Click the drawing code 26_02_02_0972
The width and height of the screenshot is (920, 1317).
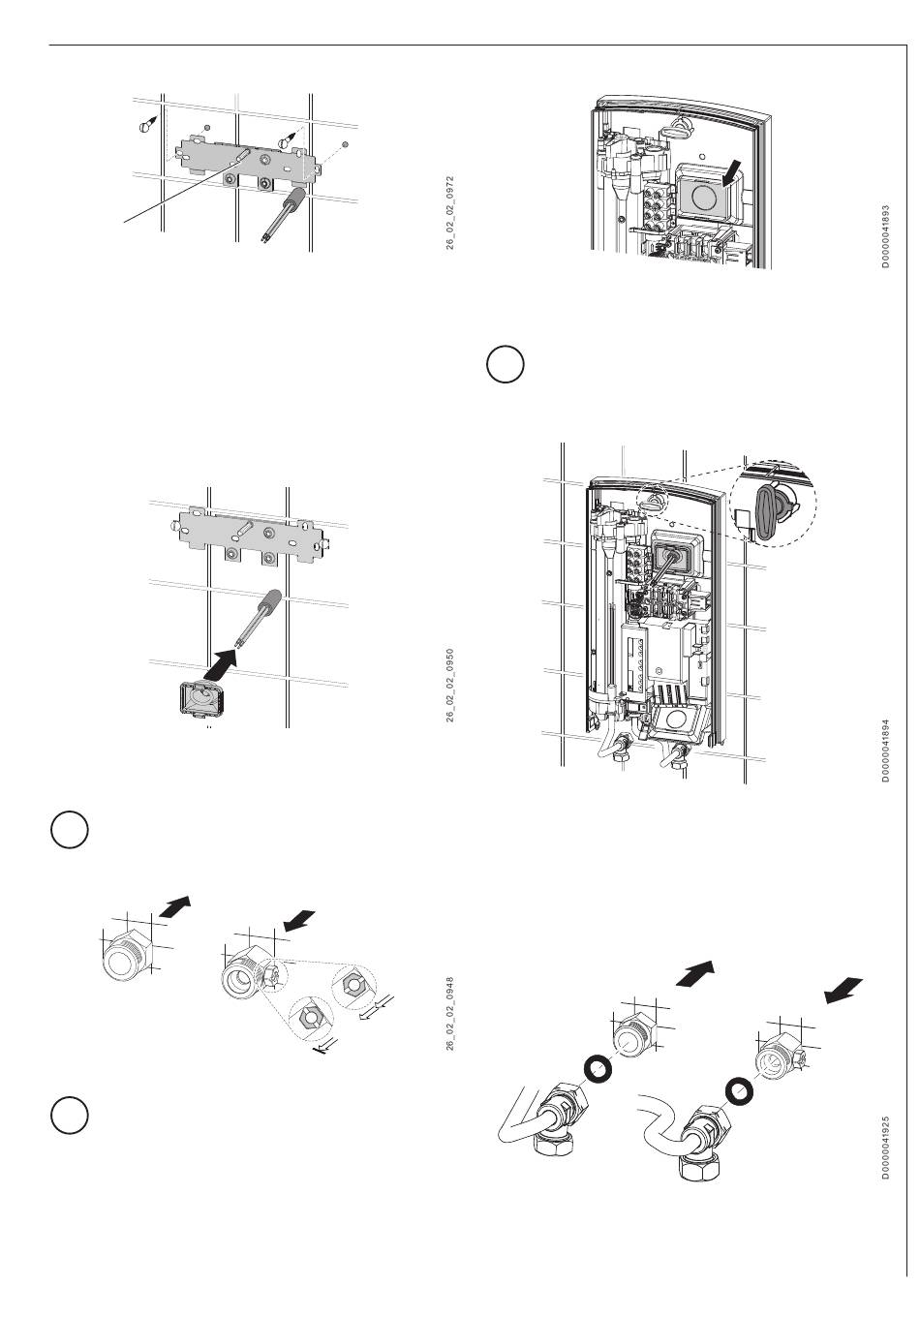449,213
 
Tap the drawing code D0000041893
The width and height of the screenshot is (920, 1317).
885,236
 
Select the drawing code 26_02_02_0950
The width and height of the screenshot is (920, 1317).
449,685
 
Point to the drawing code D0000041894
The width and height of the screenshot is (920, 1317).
885,750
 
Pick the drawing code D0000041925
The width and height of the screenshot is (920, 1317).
885,1148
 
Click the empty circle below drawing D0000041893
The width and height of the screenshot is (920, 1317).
505,365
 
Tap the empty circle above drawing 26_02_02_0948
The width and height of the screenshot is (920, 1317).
70,830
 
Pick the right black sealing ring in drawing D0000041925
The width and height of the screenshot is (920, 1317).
740,1091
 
